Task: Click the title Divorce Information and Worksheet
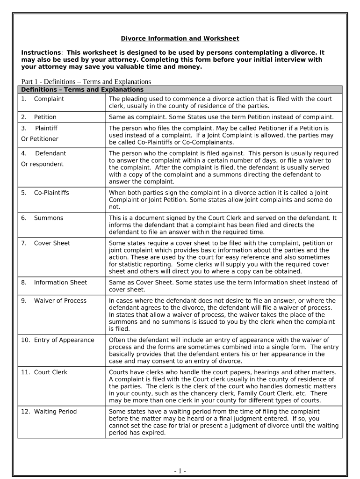tap(180, 38)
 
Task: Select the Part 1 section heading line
tap(86, 82)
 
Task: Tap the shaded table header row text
tap(82, 89)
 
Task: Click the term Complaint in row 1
tap(49, 99)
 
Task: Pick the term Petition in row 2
tap(45, 117)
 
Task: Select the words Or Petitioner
tap(40, 139)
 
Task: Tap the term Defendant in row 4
tap(50, 153)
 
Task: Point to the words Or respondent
tap(42, 164)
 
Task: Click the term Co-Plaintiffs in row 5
tap(51, 193)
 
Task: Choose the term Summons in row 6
tap(48, 218)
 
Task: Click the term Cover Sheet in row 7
tap(52, 243)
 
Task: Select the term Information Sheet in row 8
tap(60, 283)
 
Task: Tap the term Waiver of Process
tap(60, 301)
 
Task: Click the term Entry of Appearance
tap(64, 340)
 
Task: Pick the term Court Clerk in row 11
tap(50, 372)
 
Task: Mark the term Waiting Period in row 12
tap(55, 412)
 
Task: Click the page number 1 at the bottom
tap(180, 471)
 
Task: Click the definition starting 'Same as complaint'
tap(221, 117)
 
